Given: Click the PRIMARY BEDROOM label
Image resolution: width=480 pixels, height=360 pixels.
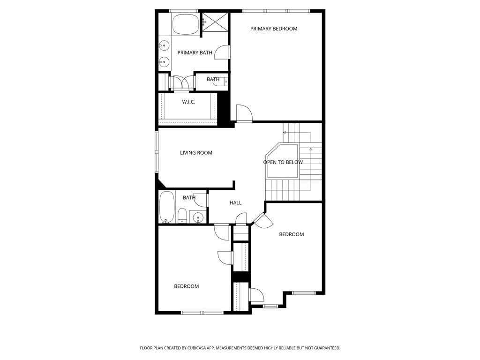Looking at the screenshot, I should [x=274, y=29].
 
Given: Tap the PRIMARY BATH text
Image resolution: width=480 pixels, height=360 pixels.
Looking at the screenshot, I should [x=195, y=52].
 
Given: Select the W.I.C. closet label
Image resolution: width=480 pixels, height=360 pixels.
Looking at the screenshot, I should [x=188, y=102].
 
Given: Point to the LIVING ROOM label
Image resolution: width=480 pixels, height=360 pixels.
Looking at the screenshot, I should [x=196, y=153].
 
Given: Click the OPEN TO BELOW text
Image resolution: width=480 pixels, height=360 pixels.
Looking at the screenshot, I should [x=283, y=162].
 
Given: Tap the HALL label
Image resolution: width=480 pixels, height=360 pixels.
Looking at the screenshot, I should [x=235, y=202].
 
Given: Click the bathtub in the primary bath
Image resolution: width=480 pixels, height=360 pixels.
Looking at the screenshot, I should [x=186, y=24].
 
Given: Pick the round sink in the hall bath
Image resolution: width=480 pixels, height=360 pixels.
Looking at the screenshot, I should [x=198, y=217].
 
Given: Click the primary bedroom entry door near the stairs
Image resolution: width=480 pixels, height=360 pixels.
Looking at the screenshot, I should [x=244, y=113].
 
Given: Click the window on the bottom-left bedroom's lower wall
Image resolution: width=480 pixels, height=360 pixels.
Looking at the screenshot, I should [x=202, y=312].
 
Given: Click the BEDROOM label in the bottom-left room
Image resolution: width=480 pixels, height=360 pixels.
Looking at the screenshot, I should [x=186, y=286].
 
